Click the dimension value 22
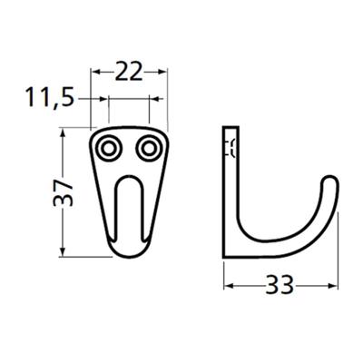(x=129, y=72)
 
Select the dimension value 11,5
(x=50, y=97)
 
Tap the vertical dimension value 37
(x=63, y=192)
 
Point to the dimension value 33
(x=280, y=285)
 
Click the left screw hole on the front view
(x=108, y=149)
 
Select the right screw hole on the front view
(x=148, y=149)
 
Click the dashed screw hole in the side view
(x=231, y=148)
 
